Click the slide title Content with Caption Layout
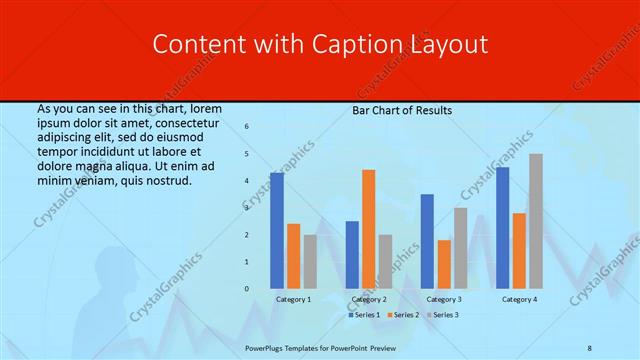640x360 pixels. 320,45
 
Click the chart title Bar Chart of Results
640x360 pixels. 402,110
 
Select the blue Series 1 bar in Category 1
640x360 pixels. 277,231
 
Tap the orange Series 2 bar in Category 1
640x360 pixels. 293,256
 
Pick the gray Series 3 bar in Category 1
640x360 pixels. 310,262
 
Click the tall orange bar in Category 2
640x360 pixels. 369,229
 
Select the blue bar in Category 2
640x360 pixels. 352,255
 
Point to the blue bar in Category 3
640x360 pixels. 427,241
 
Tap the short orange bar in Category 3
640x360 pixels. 444,264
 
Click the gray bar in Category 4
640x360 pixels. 536,221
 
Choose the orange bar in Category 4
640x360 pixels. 519,250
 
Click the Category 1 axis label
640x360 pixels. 293,299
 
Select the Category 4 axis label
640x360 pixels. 519,299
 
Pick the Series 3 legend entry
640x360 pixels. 443,315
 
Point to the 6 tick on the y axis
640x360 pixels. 247,127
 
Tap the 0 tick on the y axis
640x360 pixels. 247,289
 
